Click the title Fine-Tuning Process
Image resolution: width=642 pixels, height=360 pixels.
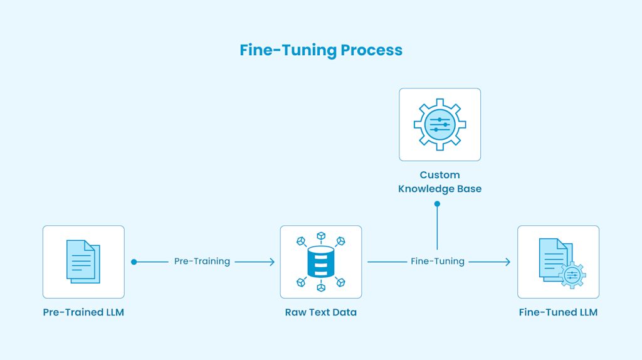pos(321,50)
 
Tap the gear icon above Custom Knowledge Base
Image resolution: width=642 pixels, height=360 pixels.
pos(439,124)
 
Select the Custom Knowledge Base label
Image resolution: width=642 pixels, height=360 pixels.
pos(439,182)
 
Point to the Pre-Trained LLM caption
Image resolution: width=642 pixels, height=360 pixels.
pos(83,312)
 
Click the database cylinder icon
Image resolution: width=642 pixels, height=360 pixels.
pos(321,262)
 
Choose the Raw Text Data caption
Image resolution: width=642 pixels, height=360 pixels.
pos(321,312)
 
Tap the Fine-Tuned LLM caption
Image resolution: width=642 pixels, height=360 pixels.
pos(558,312)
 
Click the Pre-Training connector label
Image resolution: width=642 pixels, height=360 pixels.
pos(202,262)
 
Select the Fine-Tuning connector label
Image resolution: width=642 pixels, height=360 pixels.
pos(438,262)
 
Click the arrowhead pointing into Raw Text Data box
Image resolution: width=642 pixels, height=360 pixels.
pos(272,262)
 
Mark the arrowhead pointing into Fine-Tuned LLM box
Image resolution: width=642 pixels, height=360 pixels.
pos(508,262)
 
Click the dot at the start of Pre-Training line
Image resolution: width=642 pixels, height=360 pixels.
pos(134,262)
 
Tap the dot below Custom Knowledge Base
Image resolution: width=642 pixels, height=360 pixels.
pos(437,204)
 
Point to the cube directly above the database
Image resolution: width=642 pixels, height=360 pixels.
pos(321,236)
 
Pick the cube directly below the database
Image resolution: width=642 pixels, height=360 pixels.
pos(321,287)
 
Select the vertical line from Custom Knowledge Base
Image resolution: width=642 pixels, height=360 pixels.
pos(437,227)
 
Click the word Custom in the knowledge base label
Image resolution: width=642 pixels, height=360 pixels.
pos(439,175)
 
